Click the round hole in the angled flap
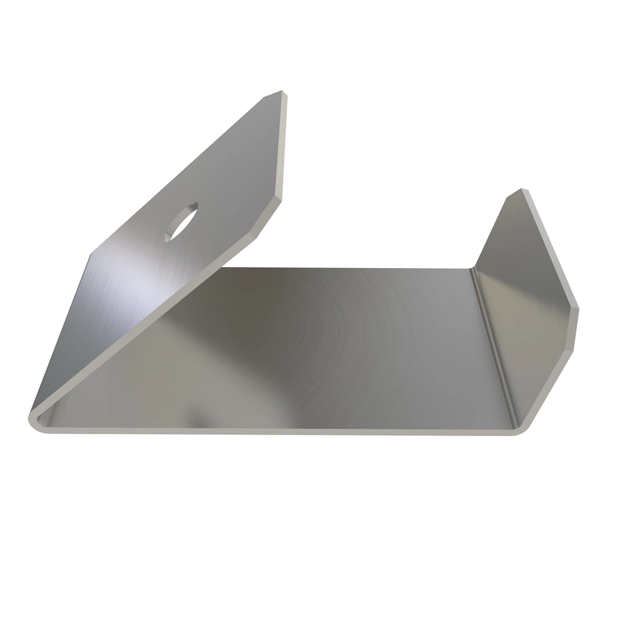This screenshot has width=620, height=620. click(181, 221)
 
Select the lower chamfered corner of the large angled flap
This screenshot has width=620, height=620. click(269, 217)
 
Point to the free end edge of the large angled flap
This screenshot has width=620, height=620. click(284, 150)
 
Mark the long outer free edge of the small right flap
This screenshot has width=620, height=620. click(553, 248)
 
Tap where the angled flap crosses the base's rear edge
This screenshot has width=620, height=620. click(225, 268)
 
